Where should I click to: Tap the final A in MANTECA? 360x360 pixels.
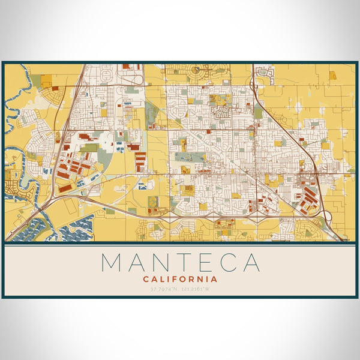click(252, 263)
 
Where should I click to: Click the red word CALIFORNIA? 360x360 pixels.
click(180, 279)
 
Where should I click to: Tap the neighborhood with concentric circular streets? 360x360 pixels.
click(196, 71)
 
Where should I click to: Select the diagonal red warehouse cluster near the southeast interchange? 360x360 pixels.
click(308, 198)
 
